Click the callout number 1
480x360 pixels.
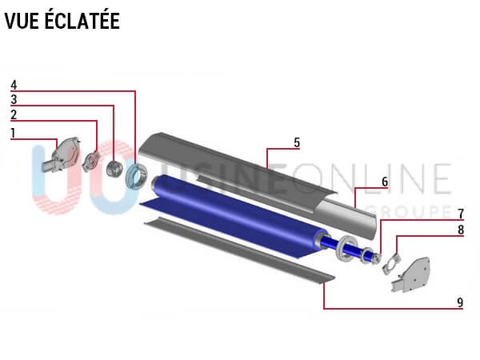[13, 133]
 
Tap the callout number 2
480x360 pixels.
[14, 114]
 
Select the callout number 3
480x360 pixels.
[14, 100]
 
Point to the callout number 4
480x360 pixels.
[14, 85]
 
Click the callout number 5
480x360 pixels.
[297, 142]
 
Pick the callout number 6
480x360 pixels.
[385, 182]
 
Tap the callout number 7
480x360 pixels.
[461, 214]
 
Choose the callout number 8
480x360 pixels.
[461, 230]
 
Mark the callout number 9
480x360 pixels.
[460, 302]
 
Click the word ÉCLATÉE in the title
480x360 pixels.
[82, 21]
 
